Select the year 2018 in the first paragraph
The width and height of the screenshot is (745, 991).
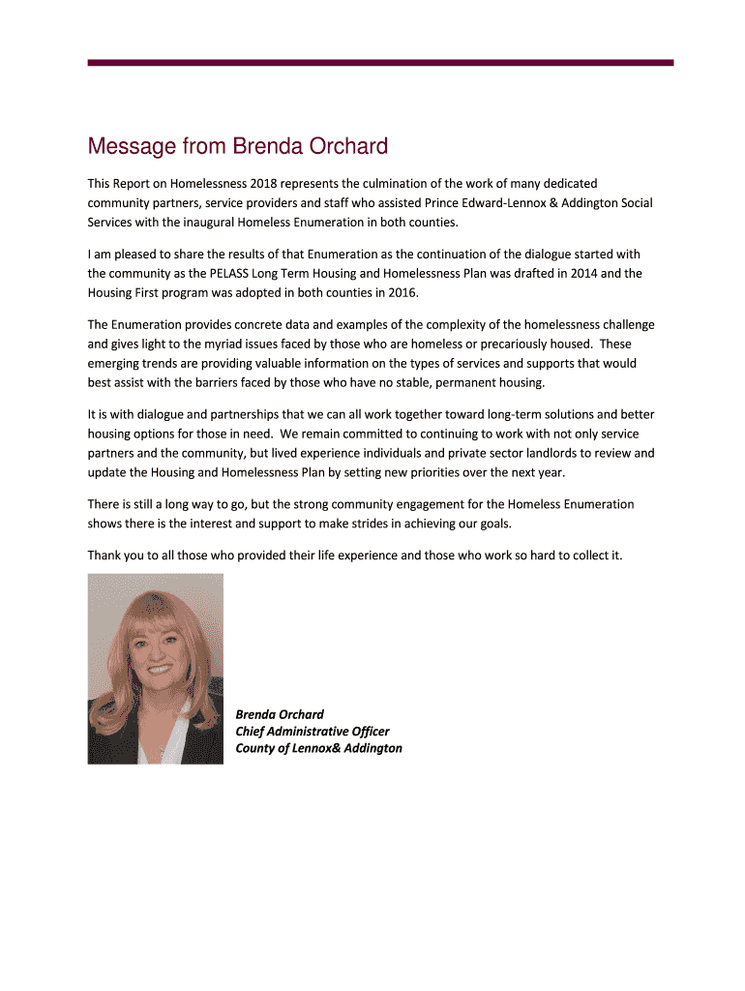click(264, 183)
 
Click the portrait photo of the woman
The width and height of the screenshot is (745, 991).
click(155, 668)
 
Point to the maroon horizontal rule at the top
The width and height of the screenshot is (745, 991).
click(380, 63)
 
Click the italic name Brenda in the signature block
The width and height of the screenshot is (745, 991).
click(256, 714)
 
